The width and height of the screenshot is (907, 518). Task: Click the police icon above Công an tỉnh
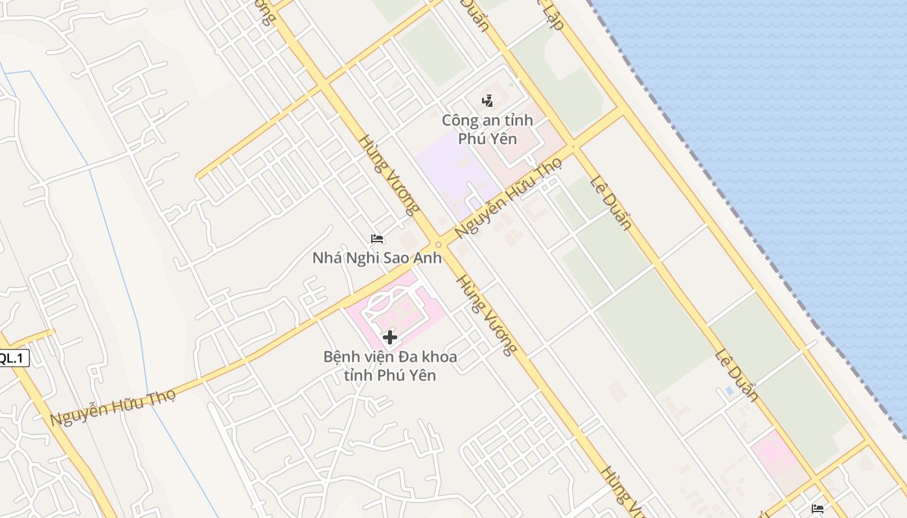click(487, 100)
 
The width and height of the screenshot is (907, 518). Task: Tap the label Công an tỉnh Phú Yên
click(487, 129)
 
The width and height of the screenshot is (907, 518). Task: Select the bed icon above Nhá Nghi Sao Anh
click(377, 239)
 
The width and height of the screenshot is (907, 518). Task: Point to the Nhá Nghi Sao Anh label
click(377, 258)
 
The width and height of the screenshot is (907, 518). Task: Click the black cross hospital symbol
click(389, 337)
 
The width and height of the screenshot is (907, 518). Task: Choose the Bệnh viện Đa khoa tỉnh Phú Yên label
click(390, 366)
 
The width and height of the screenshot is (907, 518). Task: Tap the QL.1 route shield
click(13, 358)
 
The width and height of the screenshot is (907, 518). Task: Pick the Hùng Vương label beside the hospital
click(486, 315)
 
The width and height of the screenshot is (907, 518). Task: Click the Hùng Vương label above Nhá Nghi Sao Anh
click(389, 174)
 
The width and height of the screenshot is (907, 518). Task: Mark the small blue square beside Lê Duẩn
click(729, 391)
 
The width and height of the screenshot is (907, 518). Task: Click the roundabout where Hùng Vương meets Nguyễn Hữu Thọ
click(439, 245)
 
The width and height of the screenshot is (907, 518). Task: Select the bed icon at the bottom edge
click(818, 509)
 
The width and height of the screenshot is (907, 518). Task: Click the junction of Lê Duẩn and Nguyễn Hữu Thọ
click(573, 147)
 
